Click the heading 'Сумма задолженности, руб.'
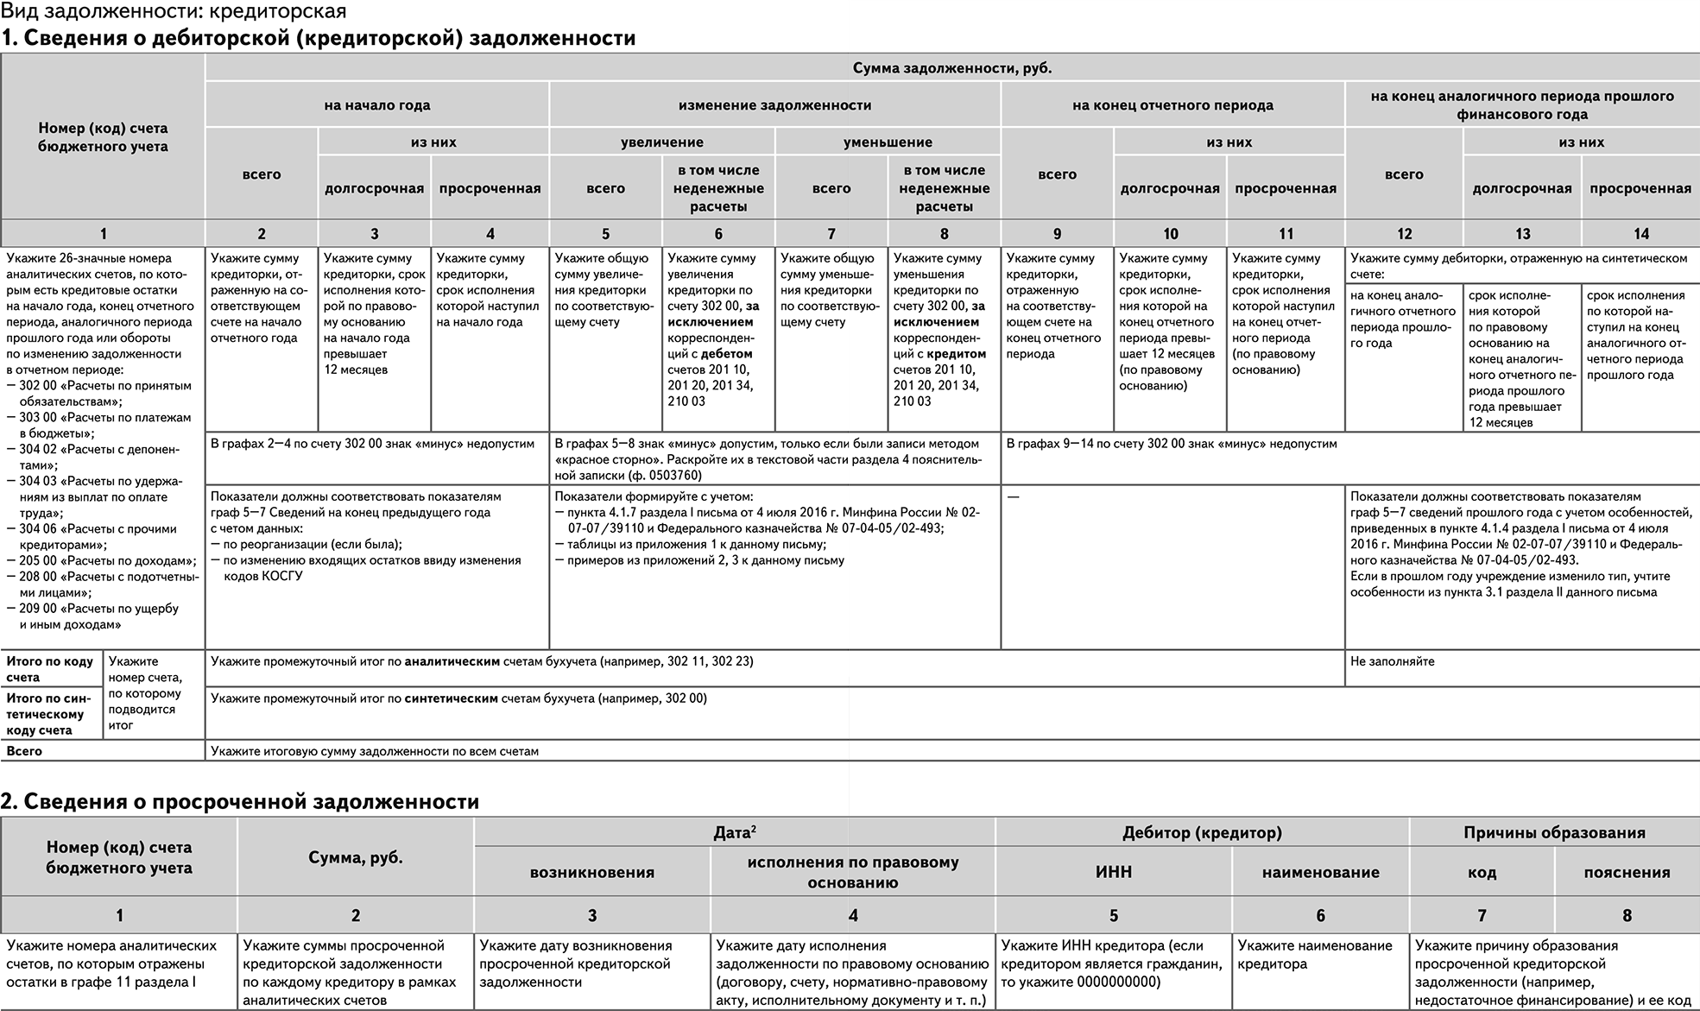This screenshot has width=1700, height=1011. click(x=951, y=68)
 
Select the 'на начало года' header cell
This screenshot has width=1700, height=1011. click(x=376, y=105)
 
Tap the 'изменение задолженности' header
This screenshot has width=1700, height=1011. click(x=774, y=105)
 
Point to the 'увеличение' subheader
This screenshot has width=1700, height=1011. click(x=661, y=142)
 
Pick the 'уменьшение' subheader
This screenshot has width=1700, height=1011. click(x=888, y=142)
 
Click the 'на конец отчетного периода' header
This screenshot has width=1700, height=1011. click(x=1172, y=105)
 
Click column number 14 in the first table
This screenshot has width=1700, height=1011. click(x=1640, y=233)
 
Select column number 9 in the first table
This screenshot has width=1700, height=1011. click(x=1057, y=233)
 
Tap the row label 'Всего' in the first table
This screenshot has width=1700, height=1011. click(x=24, y=751)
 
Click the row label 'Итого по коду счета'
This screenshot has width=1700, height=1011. click(x=50, y=669)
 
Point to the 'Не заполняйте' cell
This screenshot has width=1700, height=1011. click(x=1392, y=661)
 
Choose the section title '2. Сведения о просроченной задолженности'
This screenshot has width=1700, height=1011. click(x=240, y=801)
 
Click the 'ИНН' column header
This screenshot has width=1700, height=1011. click(x=1113, y=872)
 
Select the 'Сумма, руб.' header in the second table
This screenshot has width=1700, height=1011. click(x=355, y=857)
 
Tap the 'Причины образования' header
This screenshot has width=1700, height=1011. click(x=1553, y=832)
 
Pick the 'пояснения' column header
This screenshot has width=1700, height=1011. click(x=1626, y=872)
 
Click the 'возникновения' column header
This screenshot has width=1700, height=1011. click(x=591, y=872)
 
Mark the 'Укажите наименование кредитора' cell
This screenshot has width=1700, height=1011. click(x=1314, y=955)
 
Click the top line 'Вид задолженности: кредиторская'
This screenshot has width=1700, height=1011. click(x=174, y=11)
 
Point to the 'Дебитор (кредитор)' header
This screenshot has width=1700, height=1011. click(x=1201, y=832)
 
